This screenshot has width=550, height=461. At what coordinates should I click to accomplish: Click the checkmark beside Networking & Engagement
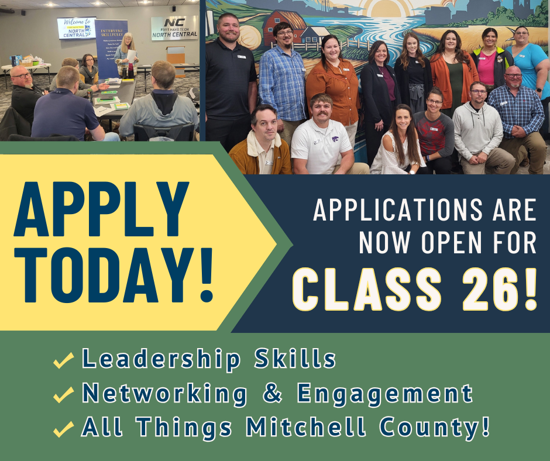63,395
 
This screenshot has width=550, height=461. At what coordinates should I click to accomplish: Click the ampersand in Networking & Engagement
273,394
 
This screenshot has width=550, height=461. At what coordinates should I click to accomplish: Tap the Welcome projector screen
76,28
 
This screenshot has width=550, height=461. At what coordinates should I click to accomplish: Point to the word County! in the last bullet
438,428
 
